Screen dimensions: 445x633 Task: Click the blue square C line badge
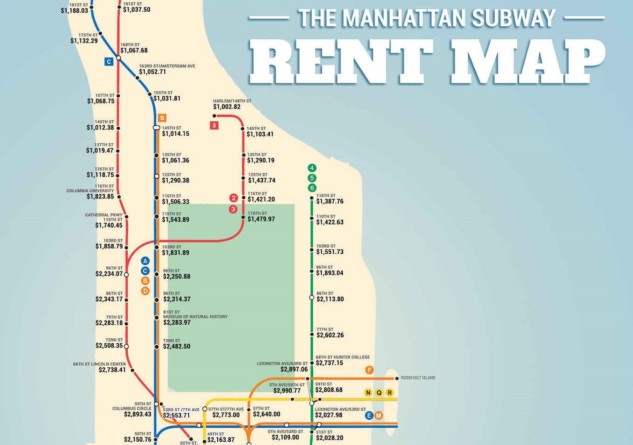point(109,61)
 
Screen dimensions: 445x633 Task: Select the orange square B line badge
point(162,118)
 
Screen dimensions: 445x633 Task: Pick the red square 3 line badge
point(214,125)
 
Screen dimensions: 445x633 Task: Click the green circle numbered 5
point(312,178)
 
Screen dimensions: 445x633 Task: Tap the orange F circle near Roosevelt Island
point(369,370)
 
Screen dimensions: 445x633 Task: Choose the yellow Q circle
point(379,393)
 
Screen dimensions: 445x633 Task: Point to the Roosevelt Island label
point(418,378)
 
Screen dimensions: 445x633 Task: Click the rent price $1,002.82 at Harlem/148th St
point(227,107)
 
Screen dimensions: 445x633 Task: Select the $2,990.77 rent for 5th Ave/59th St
point(287,391)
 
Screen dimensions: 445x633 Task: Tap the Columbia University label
point(90,191)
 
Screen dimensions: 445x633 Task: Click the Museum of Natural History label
point(195,317)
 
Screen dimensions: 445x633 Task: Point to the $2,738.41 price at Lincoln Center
point(112,370)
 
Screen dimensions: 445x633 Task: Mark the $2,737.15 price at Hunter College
point(329,363)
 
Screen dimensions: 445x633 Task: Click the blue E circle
point(369,416)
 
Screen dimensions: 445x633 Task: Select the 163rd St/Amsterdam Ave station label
point(167,66)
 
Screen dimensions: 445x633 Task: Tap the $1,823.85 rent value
point(100,197)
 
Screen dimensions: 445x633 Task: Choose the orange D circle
point(145,291)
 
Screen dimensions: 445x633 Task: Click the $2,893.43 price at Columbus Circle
point(138,415)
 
